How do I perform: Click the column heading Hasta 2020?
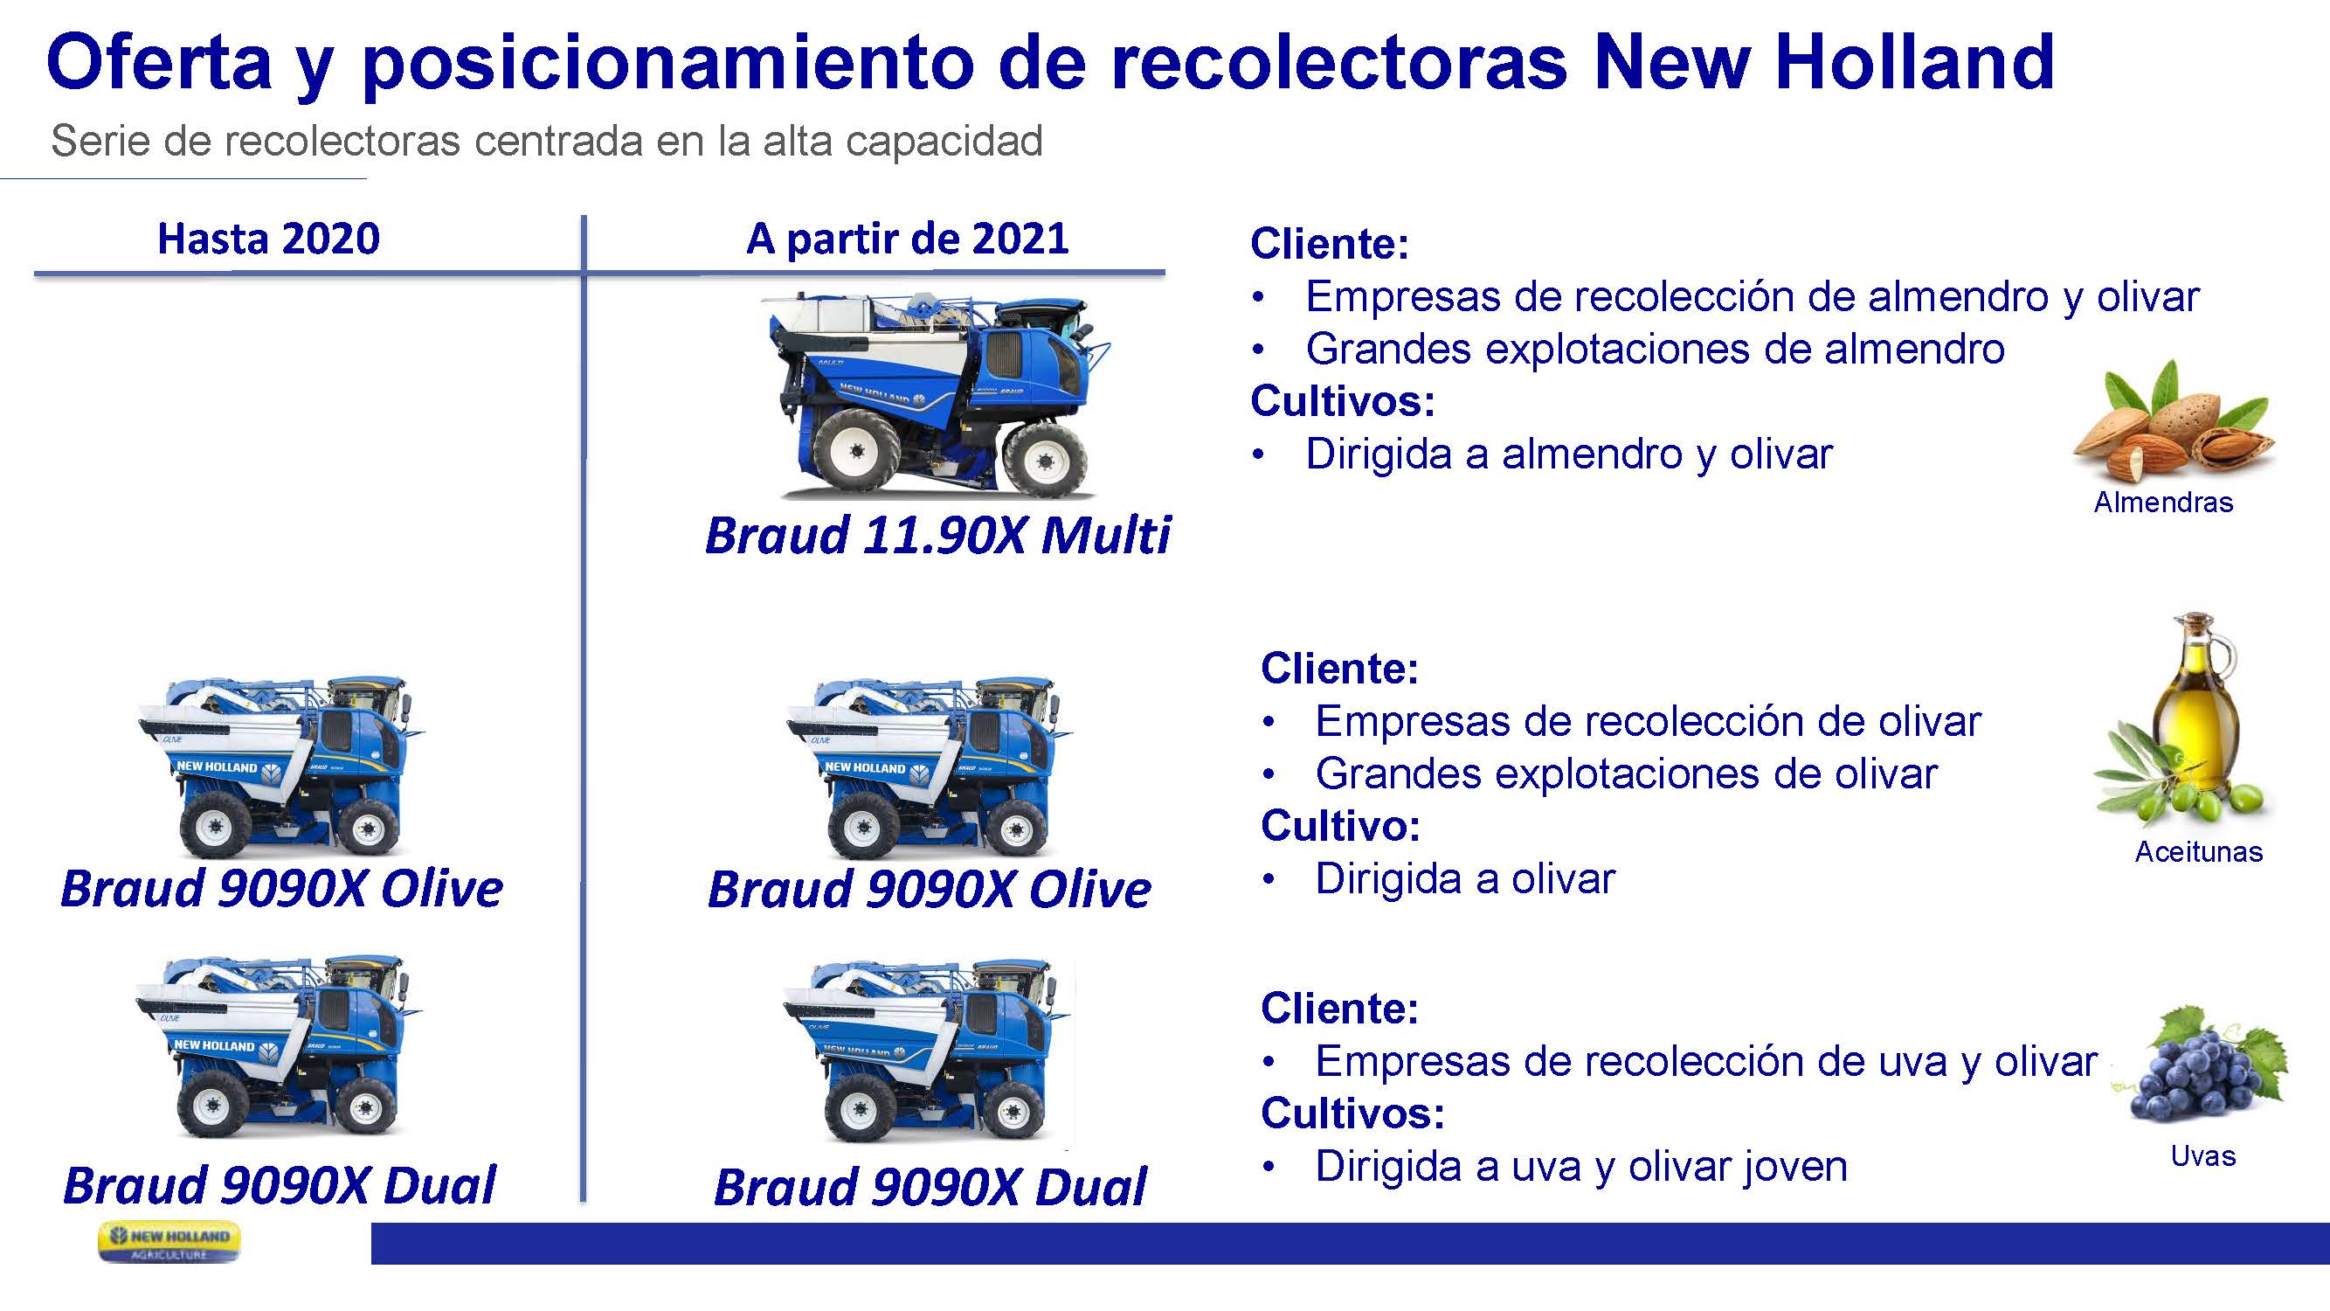pyautogui.click(x=268, y=239)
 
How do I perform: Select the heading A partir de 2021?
pyautogui.click(x=907, y=239)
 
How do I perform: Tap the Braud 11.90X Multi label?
pyautogui.click(x=937, y=535)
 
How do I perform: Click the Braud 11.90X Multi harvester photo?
pyautogui.click(x=937, y=394)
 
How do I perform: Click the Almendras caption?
pyautogui.click(x=2163, y=503)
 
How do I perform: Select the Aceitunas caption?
pyautogui.click(x=2199, y=851)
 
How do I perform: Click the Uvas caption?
pyautogui.click(x=2203, y=1155)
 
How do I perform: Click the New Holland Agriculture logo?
pyautogui.click(x=169, y=1241)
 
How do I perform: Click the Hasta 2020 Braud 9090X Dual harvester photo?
pyautogui.click(x=280, y=1045)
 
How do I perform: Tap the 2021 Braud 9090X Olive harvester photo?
pyautogui.click(x=930, y=767)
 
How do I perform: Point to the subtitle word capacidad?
pyautogui.click(x=944, y=141)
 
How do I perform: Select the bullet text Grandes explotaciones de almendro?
pyautogui.click(x=1656, y=350)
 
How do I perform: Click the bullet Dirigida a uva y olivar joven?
pyautogui.click(x=1581, y=1166)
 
